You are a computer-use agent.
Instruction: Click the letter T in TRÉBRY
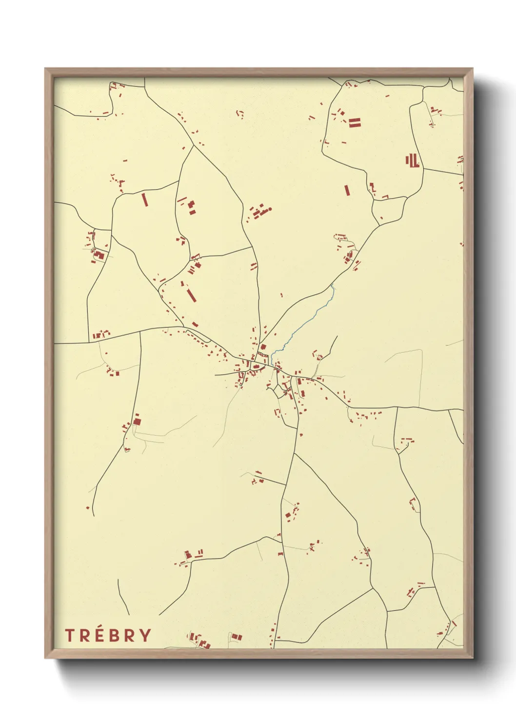[x=69, y=635]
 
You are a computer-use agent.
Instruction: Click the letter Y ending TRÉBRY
[x=145, y=635]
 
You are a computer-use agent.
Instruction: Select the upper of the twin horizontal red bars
[x=355, y=120]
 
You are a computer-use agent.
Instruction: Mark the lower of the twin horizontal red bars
[x=355, y=125]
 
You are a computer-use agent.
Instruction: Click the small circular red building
[x=270, y=209]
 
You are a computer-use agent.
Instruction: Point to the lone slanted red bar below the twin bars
[x=347, y=190]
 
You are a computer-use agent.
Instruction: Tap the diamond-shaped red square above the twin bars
[x=341, y=113]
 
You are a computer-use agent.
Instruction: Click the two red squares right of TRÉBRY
[x=236, y=637]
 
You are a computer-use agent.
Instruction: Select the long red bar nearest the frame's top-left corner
[x=144, y=200]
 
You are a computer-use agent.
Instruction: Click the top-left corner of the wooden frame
[x=45, y=69]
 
